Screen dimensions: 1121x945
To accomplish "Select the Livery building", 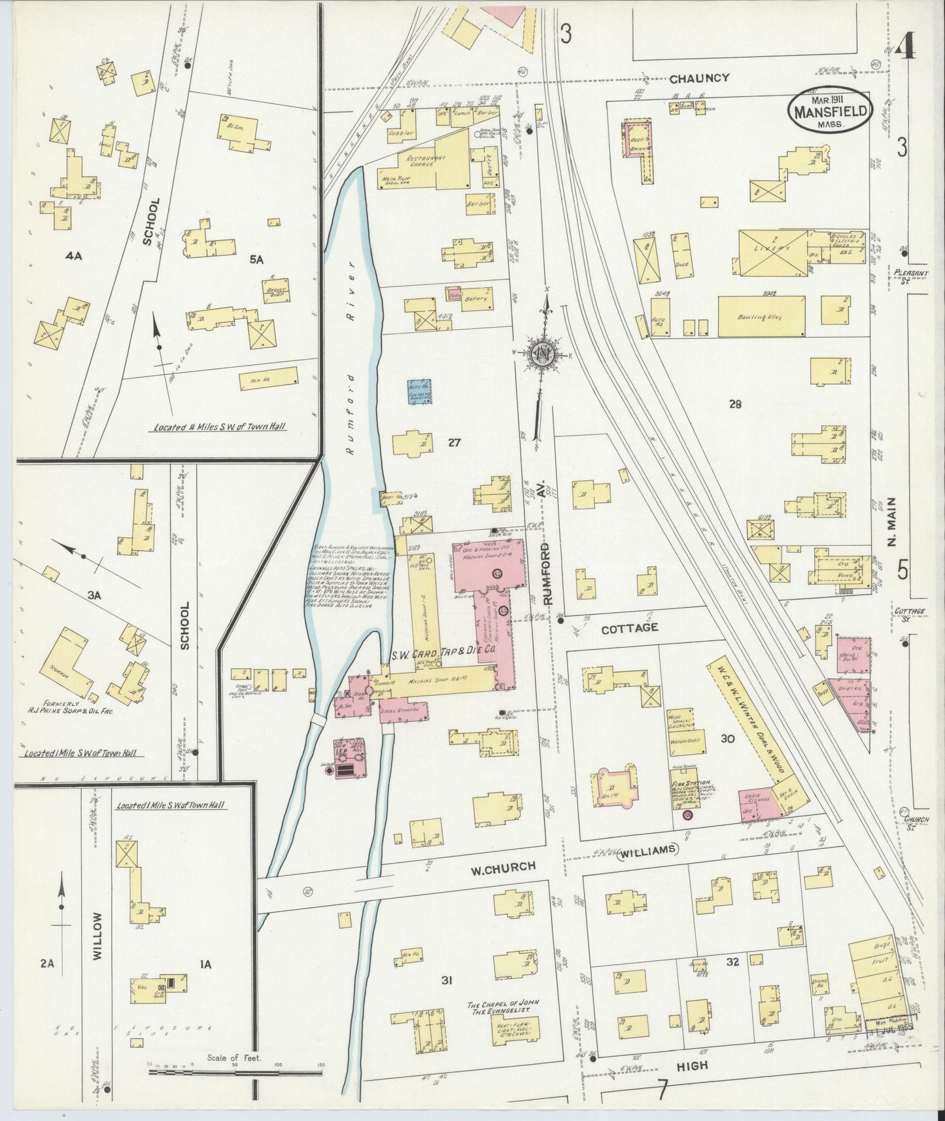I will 774,249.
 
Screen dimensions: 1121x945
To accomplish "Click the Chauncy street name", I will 698,78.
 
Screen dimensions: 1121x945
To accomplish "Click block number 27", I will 455,443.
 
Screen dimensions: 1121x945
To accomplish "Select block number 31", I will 447,980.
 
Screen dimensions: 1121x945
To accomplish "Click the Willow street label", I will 98,945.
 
